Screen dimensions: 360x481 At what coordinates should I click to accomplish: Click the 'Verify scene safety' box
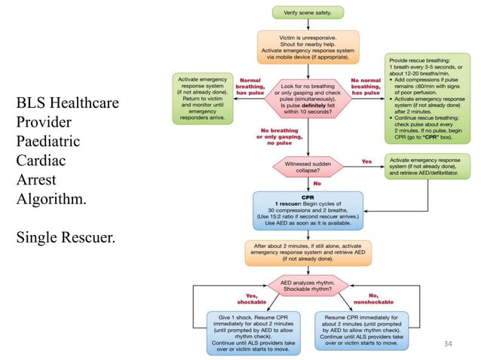307,12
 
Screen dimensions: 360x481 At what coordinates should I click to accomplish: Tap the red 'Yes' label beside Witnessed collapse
367,160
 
